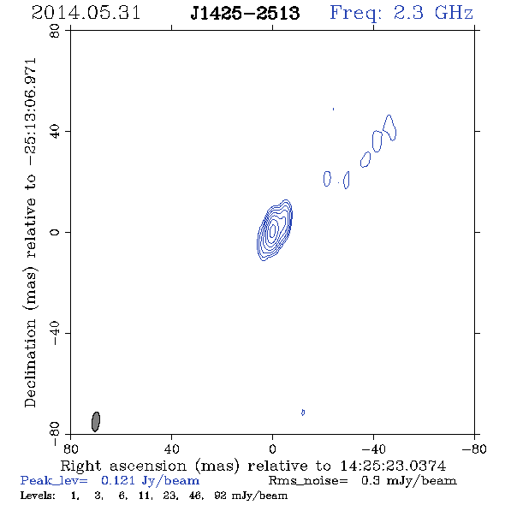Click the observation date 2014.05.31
pos(86,13)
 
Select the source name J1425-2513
pos(245,13)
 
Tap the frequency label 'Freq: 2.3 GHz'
pos(401,13)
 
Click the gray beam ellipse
pos(96,422)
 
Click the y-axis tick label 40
pos(55,132)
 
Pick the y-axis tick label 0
pos(55,232)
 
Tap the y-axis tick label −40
pos(55,333)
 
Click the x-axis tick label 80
pos(70,449)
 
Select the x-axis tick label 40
pos(171,449)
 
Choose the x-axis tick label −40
pos(373,449)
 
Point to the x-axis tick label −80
pos(474,449)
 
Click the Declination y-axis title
pos(30,233)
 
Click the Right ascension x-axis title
pos(253,466)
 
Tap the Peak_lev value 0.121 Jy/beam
pos(150,481)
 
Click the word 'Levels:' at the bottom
pos(38,496)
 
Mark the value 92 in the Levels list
pos(220,496)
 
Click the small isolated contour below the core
pos(303,413)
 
